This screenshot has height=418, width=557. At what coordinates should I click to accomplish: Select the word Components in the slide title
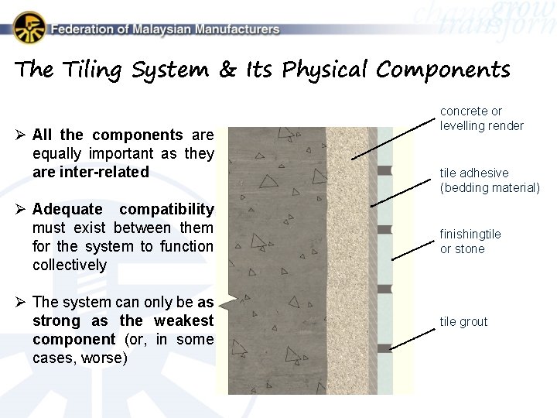pyautogui.click(x=443, y=70)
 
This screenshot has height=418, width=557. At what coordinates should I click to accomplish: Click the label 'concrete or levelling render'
pyautogui.click(x=482, y=118)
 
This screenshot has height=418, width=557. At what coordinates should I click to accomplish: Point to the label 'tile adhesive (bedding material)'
pyautogui.click(x=489, y=180)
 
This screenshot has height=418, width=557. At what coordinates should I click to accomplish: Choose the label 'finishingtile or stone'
pyautogui.click(x=470, y=242)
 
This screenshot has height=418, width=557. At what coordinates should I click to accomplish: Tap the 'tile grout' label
pyautogui.click(x=463, y=322)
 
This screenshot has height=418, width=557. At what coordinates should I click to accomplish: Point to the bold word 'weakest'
pyautogui.click(x=183, y=320)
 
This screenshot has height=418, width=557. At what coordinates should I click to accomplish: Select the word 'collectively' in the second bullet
pyautogui.click(x=70, y=265)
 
